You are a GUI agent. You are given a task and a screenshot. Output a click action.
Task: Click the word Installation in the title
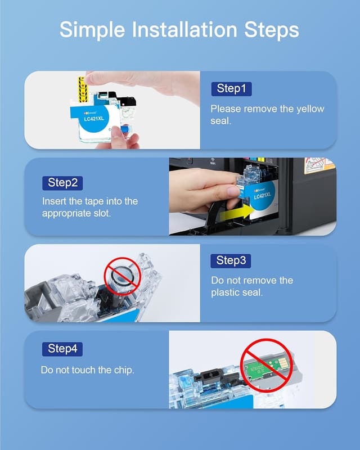pos(184,30)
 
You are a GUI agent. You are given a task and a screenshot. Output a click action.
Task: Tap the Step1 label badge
pos(231,89)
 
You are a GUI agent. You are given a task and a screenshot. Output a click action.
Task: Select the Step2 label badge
pos(62,183)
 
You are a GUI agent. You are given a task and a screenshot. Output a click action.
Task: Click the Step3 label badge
pos(231,261)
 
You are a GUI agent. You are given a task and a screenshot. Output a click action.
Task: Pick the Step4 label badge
pos(62,349)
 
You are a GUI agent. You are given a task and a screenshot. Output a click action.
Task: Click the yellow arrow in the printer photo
pos(237,213)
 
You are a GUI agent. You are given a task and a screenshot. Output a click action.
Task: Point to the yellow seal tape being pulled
pos(82,89)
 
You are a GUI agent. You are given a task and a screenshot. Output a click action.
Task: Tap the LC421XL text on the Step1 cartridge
pos(94,119)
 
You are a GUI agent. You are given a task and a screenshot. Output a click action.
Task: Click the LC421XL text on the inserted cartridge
pos(262,196)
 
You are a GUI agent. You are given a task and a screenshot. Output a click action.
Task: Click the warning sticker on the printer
pos(319,165)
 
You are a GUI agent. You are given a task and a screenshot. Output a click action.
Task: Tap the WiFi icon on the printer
pos(213,161)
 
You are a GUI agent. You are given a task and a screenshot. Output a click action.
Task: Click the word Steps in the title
pos(272,30)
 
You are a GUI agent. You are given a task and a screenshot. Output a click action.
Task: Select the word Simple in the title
pos(92,30)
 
